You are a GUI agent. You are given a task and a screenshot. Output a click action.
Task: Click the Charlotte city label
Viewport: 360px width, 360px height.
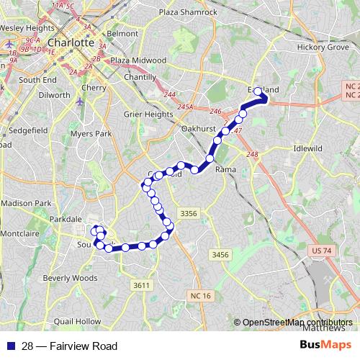point(70,42)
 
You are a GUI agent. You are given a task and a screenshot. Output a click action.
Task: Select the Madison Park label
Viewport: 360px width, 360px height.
point(27,203)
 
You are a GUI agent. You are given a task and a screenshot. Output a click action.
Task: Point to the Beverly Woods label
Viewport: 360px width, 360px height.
point(70,278)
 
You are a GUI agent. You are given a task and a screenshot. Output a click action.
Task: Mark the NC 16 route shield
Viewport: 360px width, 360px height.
point(202,296)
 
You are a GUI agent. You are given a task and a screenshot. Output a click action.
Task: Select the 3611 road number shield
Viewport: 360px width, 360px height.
point(141,286)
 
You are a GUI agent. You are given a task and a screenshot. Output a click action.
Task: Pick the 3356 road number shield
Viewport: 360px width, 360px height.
point(189,213)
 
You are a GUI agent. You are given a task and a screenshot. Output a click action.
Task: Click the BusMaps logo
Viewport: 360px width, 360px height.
point(321,346)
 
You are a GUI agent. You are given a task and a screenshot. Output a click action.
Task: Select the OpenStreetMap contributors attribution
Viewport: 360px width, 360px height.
point(297,323)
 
